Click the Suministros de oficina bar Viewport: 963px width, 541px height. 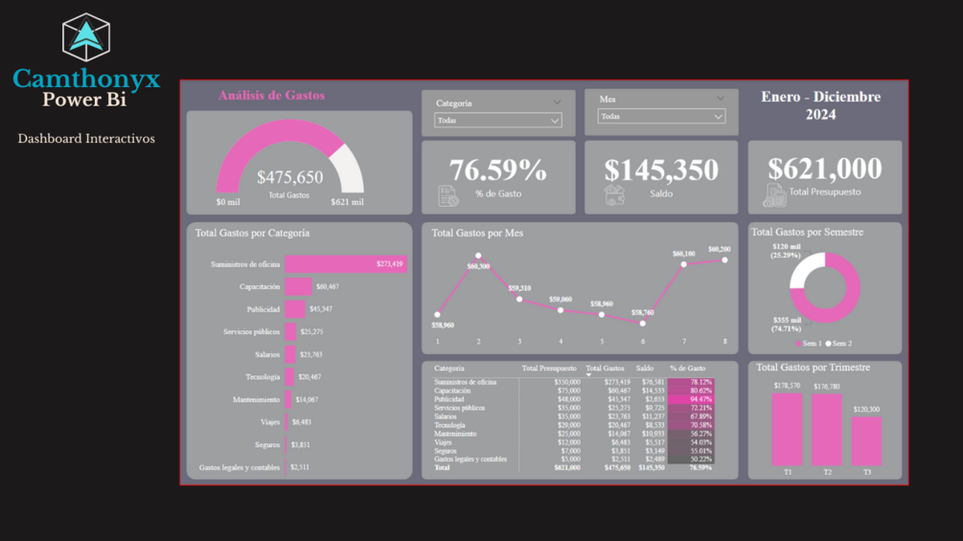[345, 263]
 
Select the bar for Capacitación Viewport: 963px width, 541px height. [298, 286]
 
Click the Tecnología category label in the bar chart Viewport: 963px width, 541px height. [263, 377]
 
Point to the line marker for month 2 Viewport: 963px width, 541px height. [478, 257]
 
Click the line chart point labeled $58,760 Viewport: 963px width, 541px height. [643, 324]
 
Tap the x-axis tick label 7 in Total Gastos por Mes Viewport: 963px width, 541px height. [684, 342]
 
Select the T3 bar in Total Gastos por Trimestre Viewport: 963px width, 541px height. [865, 441]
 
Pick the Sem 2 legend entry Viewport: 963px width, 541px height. [839, 344]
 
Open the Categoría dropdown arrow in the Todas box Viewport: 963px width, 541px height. [554, 121]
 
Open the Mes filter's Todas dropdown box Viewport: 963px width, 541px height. [661, 117]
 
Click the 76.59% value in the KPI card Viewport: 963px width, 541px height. [497, 170]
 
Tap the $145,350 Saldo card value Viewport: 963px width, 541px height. [661, 170]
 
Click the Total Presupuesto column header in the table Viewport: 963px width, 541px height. [549, 369]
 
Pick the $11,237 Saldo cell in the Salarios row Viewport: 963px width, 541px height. [652, 417]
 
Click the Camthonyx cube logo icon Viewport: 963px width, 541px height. [86, 37]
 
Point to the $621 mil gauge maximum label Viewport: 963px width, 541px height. [347, 202]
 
